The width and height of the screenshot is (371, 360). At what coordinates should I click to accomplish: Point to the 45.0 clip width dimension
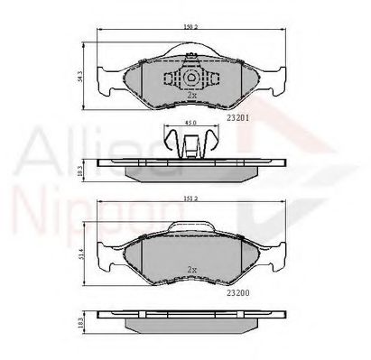click(x=190, y=124)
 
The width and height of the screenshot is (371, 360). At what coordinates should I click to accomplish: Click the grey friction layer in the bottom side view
click(x=190, y=326)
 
